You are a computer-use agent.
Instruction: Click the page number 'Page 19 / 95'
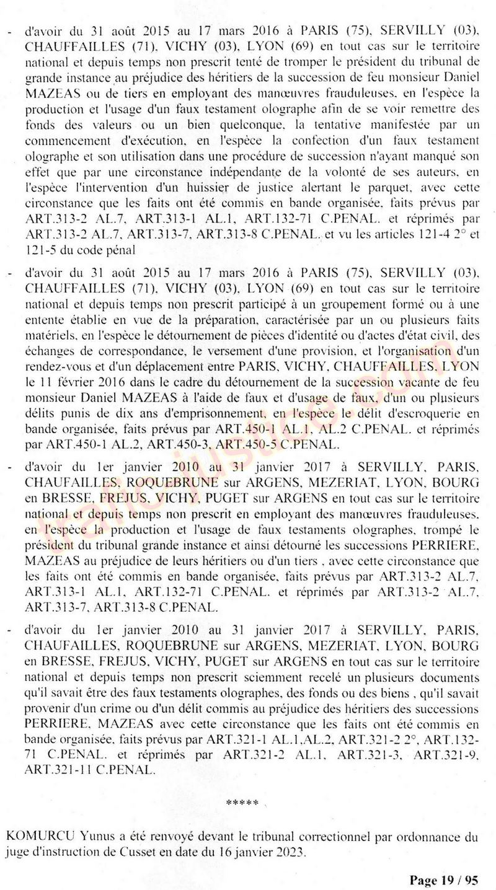tap(443, 879)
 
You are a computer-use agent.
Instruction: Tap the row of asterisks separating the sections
tap(242, 803)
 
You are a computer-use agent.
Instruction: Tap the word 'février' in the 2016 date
tap(80, 380)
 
